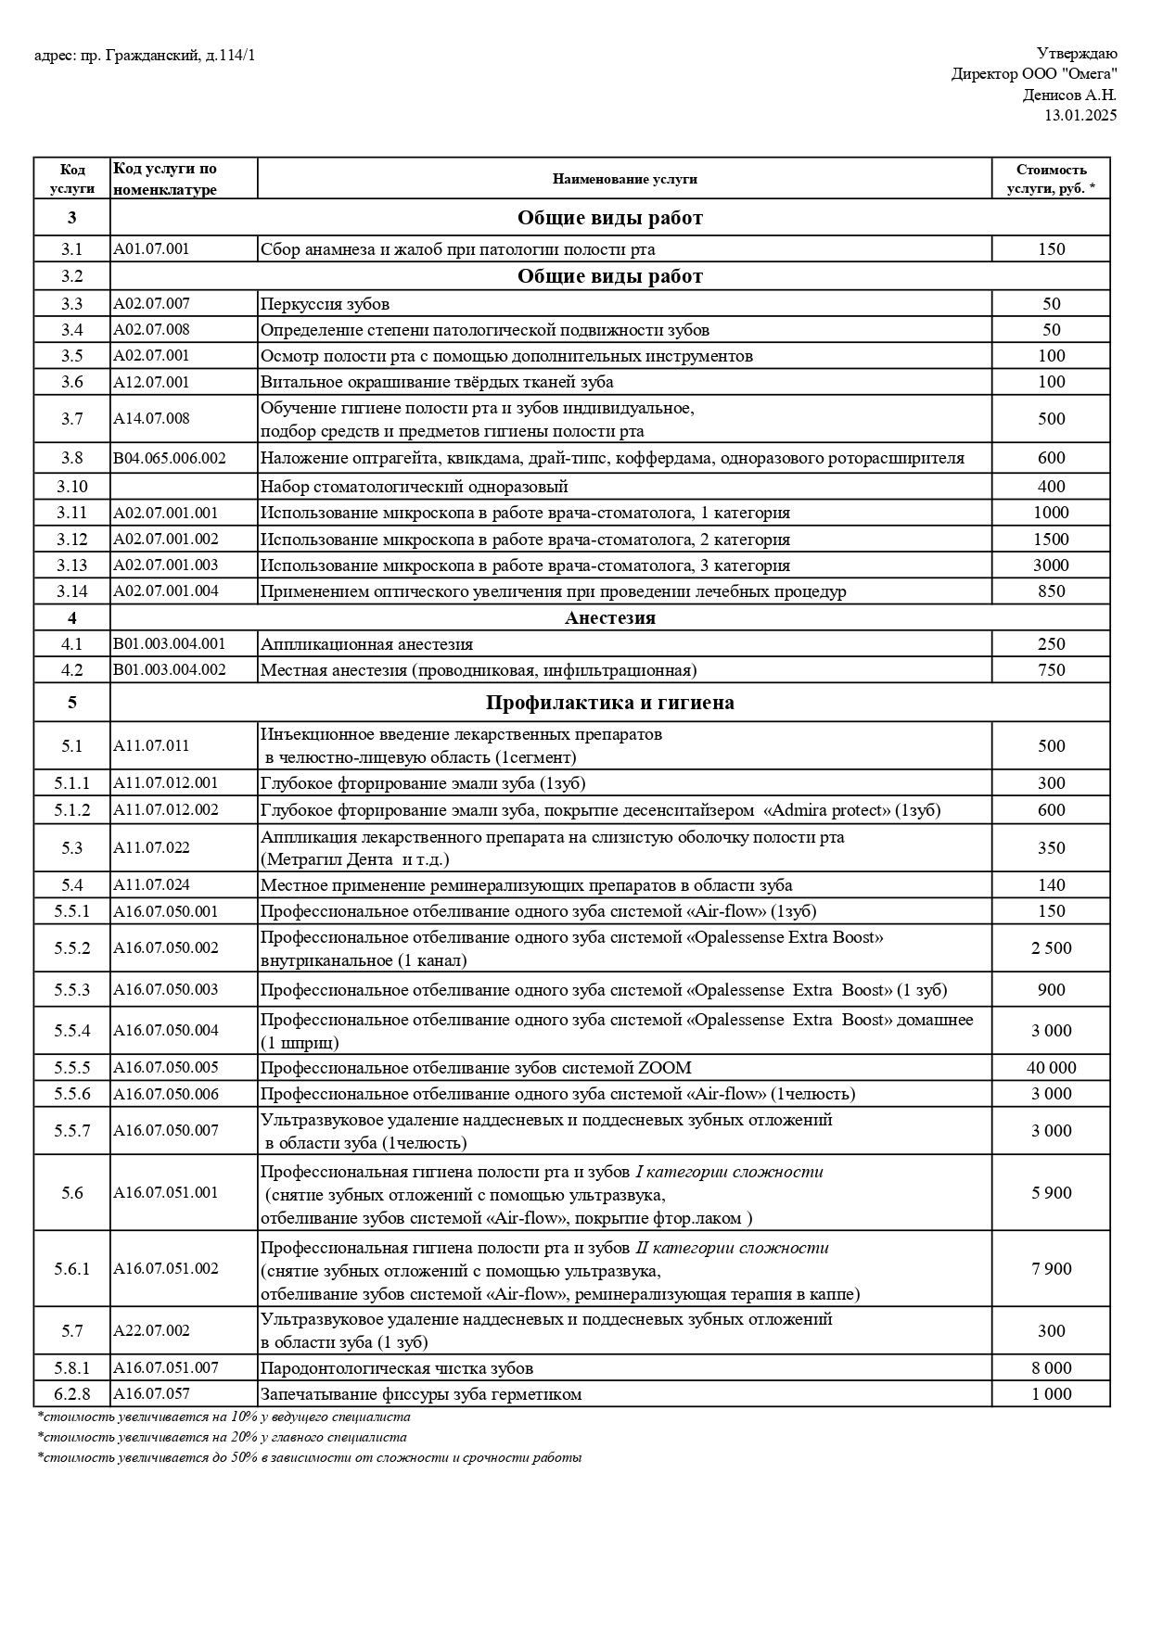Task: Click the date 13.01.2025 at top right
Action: click(1080, 115)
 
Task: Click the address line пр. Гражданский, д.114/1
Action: click(145, 57)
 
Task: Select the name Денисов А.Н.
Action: click(1069, 95)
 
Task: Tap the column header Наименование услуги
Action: click(624, 179)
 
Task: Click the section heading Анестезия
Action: click(609, 618)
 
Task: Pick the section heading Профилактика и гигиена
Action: click(609, 703)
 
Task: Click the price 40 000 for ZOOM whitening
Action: click(1051, 1068)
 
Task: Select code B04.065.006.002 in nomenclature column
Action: click(170, 458)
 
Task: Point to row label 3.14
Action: click(72, 591)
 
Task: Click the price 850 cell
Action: click(1051, 591)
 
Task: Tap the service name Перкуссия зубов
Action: click(325, 304)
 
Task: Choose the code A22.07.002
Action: click(151, 1330)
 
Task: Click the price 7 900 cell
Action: click(1051, 1269)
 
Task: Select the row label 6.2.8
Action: click(72, 1394)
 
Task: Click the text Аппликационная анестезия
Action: click(366, 644)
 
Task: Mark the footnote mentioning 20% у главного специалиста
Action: click(223, 1438)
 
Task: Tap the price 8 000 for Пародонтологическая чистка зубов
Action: click(1051, 1368)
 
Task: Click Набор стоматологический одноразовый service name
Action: click(414, 487)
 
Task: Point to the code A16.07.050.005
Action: click(166, 1068)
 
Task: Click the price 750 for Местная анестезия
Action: click(1051, 670)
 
